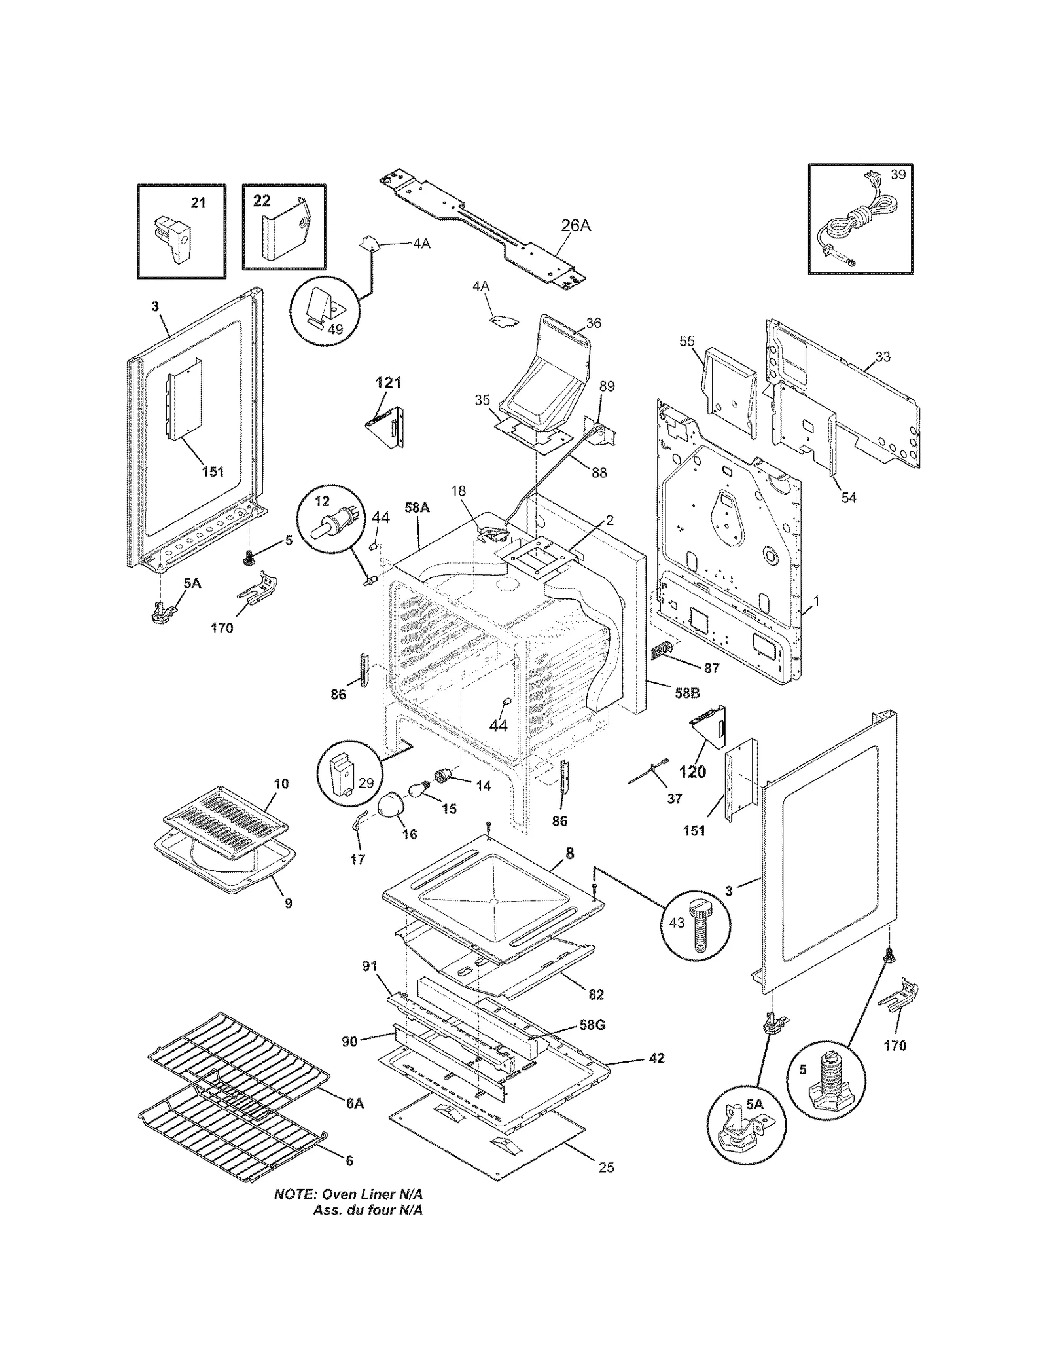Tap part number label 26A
click(x=575, y=225)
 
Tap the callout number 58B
click(x=687, y=693)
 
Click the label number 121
click(x=388, y=382)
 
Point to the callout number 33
click(x=883, y=357)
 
